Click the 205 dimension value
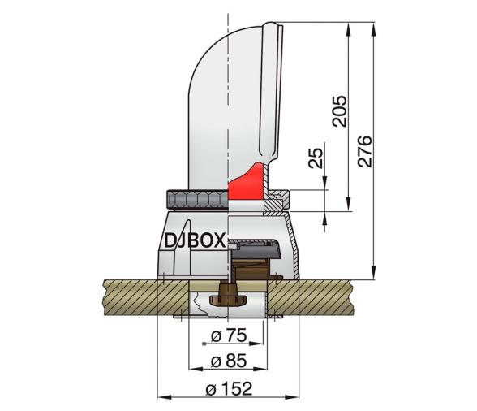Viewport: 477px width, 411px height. pyautogui.click(x=339, y=111)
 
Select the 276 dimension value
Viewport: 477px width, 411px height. pyautogui.click(x=365, y=151)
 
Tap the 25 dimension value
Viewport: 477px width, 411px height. pyautogui.click(x=316, y=158)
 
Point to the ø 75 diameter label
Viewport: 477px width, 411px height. pyautogui.click(x=229, y=335)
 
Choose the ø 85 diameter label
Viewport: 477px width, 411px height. pyautogui.click(x=229, y=361)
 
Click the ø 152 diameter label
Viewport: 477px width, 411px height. pyautogui.click(x=229, y=389)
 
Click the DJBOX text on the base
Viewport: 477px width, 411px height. pyautogui.click(x=195, y=240)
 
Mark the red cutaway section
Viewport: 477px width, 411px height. pyautogui.click(x=246, y=183)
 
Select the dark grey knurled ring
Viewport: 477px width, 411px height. pyautogui.click(x=197, y=200)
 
